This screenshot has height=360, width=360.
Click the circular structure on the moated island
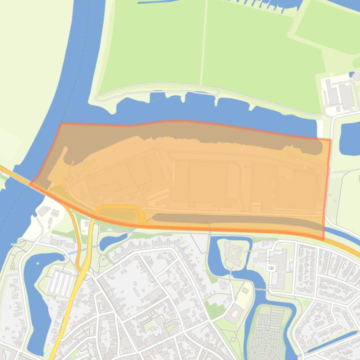pos(233,253)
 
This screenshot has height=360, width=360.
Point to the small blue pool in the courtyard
pos(271,268)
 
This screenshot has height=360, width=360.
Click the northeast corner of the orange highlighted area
pos(330,140)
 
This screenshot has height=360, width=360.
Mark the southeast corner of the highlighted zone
pos(323,239)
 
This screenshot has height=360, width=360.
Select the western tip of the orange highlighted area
pos(31,183)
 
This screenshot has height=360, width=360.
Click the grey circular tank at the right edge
pos(356,76)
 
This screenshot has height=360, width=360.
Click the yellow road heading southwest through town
pos(66,323)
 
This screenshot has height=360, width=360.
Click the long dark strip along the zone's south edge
pos(234,219)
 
